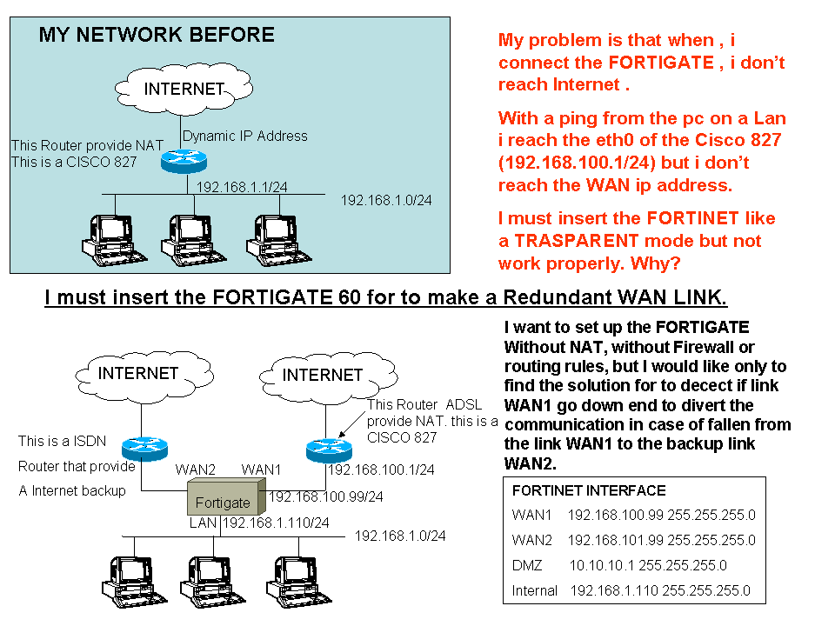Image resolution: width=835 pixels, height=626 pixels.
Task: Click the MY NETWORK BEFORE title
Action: (x=157, y=35)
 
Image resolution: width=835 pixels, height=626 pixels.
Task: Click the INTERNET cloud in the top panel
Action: (x=184, y=89)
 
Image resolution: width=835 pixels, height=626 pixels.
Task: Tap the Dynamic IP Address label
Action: (x=245, y=136)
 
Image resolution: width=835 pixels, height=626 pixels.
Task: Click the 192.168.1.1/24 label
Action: (x=237, y=186)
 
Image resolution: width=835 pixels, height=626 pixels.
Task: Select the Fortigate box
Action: (x=223, y=501)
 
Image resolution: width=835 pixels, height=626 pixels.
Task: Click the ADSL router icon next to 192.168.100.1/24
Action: (x=328, y=450)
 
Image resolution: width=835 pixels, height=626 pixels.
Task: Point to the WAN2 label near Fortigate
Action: (x=197, y=469)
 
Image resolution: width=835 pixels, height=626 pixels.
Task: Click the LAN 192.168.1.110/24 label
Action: (x=259, y=523)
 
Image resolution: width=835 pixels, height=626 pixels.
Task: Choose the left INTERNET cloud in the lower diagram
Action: (x=138, y=374)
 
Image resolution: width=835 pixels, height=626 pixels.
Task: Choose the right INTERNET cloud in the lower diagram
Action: (x=323, y=375)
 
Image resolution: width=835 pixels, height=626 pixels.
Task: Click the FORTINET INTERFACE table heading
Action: (x=577, y=490)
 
